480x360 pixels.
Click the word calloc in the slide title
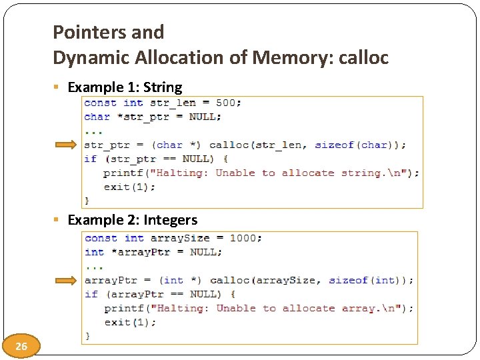point(364,58)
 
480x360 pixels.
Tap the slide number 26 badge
point(21,346)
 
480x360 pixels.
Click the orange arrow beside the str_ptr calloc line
point(66,145)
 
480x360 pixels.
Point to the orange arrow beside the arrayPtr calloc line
point(66,281)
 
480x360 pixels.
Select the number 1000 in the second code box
point(246,238)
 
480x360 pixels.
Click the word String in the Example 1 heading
point(163,87)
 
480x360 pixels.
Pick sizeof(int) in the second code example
point(369,280)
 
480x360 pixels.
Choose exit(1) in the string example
point(129,187)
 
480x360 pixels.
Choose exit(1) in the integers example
point(130,322)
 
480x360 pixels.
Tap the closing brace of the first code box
point(87,199)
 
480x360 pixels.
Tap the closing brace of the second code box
point(87,335)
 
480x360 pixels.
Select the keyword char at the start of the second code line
point(97,117)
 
